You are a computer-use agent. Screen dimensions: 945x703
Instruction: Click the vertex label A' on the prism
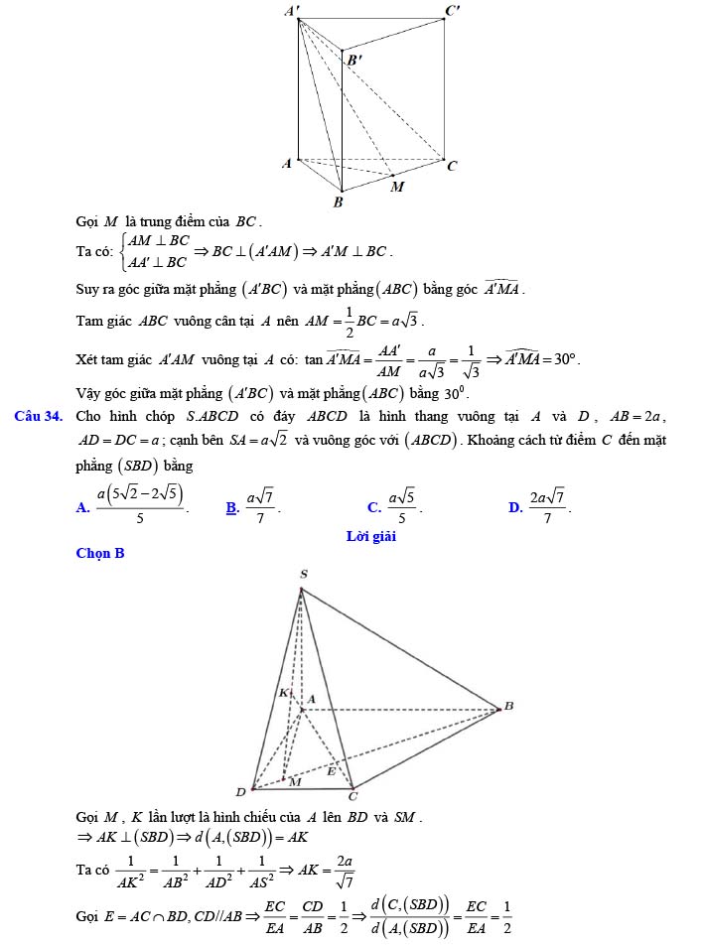291,10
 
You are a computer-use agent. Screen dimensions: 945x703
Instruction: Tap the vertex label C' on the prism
452,11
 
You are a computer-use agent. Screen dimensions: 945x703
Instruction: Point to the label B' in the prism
354,60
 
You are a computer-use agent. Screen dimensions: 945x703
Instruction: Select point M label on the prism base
397,186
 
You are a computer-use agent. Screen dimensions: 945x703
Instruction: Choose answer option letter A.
81,508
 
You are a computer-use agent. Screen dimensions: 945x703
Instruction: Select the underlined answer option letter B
231,508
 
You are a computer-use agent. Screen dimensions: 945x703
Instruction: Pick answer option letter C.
373,508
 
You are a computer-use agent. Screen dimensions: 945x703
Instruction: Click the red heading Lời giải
370,536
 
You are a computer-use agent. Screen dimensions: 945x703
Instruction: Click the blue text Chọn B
100,553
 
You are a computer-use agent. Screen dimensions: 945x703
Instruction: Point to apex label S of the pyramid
303,574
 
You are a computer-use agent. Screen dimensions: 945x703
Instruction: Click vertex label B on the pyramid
508,706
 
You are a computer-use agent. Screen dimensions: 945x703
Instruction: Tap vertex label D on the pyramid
239,791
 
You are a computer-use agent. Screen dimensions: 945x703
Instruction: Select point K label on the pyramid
283,692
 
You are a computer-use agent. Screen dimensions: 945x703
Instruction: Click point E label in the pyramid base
332,769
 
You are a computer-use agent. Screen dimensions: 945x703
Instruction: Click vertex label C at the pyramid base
351,795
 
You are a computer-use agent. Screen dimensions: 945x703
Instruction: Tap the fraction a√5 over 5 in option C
402,506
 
